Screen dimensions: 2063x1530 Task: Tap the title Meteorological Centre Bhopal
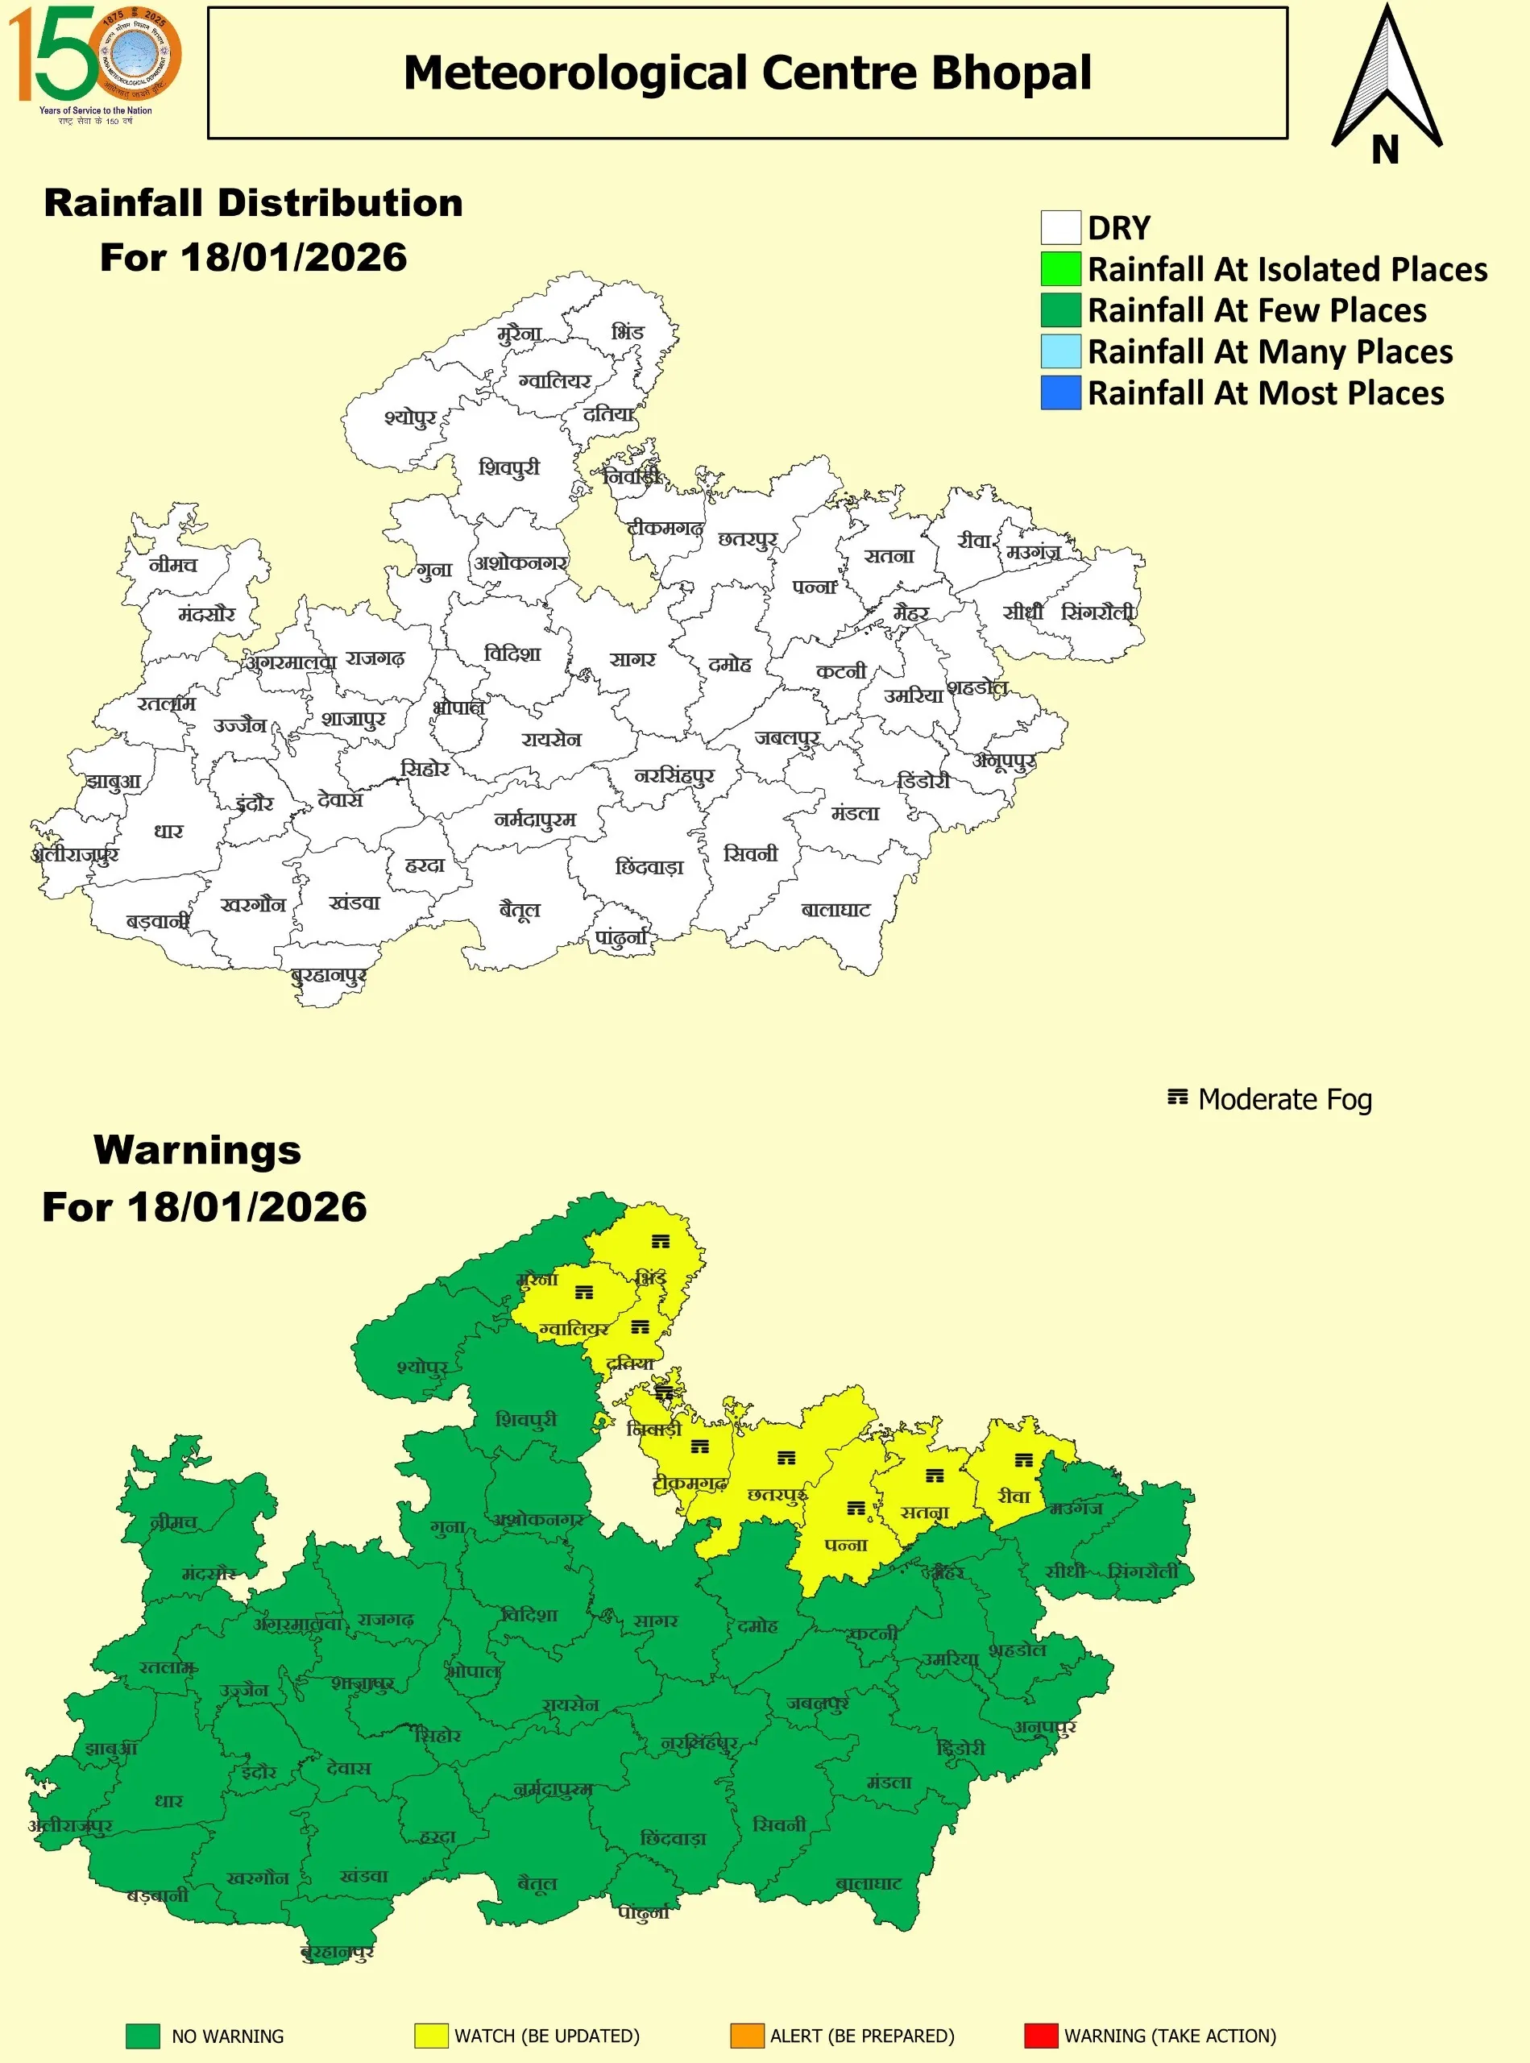[748, 73]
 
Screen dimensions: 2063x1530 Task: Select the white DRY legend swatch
[1060, 228]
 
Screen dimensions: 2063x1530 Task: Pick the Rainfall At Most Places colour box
[1060, 392]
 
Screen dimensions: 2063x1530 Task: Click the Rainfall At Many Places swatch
[1060, 352]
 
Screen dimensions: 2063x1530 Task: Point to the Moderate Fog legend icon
[1176, 1098]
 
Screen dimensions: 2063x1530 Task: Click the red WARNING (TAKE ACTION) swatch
[1040, 2036]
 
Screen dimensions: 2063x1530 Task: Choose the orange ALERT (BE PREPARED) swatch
[747, 2036]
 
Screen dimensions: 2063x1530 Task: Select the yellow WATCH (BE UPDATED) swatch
[431, 2036]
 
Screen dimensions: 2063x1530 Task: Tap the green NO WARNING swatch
[143, 2036]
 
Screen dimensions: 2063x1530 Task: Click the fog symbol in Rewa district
[1023, 1461]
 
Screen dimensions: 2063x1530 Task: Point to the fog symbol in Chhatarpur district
[786, 1458]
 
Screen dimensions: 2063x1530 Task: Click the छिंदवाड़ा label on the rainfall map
[649, 867]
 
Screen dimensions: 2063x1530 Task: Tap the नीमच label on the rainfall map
[173, 564]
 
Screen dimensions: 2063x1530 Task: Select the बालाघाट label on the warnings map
[869, 1883]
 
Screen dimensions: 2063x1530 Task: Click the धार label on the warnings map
[168, 1800]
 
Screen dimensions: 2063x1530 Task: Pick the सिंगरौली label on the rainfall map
[1098, 612]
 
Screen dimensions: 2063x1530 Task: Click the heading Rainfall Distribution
[254, 203]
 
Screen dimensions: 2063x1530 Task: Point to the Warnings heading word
[197, 1151]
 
